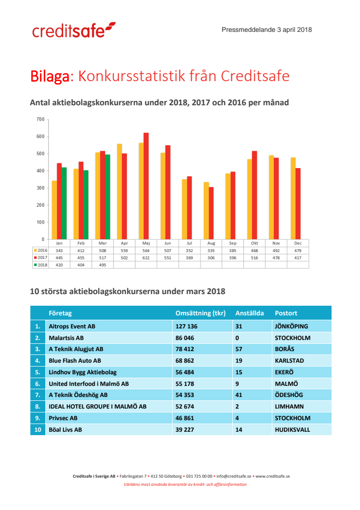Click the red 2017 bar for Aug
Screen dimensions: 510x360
tap(211, 213)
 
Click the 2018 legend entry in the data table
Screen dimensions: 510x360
tap(40, 265)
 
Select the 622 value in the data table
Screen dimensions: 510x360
tap(145, 258)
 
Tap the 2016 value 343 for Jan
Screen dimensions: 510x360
tap(59, 251)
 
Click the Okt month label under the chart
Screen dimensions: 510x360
tap(254, 243)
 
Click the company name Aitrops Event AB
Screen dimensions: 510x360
tap(72, 326)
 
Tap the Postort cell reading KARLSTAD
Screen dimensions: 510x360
tap(290, 361)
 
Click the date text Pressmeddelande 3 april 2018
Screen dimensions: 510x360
tap(266, 29)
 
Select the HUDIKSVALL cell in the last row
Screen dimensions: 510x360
tap(292, 429)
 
